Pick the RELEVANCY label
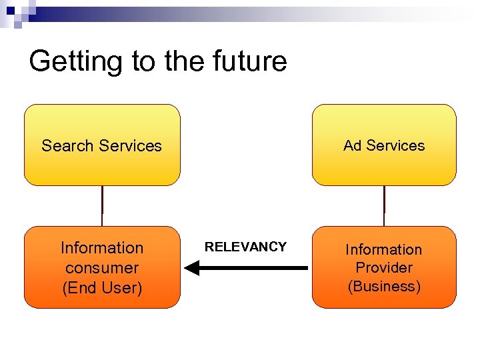pyautogui.click(x=245, y=247)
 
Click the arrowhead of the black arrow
pyautogui.click(x=191, y=268)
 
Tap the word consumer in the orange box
pyautogui.click(x=102, y=268)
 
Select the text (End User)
pyautogui.click(x=102, y=288)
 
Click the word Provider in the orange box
pyautogui.click(x=384, y=268)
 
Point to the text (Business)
pyautogui.click(x=384, y=287)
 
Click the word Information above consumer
pyautogui.click(x=102, y=248)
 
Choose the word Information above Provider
pyautogui.click(x=384, y=249)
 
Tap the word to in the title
pyautogui.click(x=143, y=61)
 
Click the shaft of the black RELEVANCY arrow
pyautogui.click(x=253, y=268)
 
